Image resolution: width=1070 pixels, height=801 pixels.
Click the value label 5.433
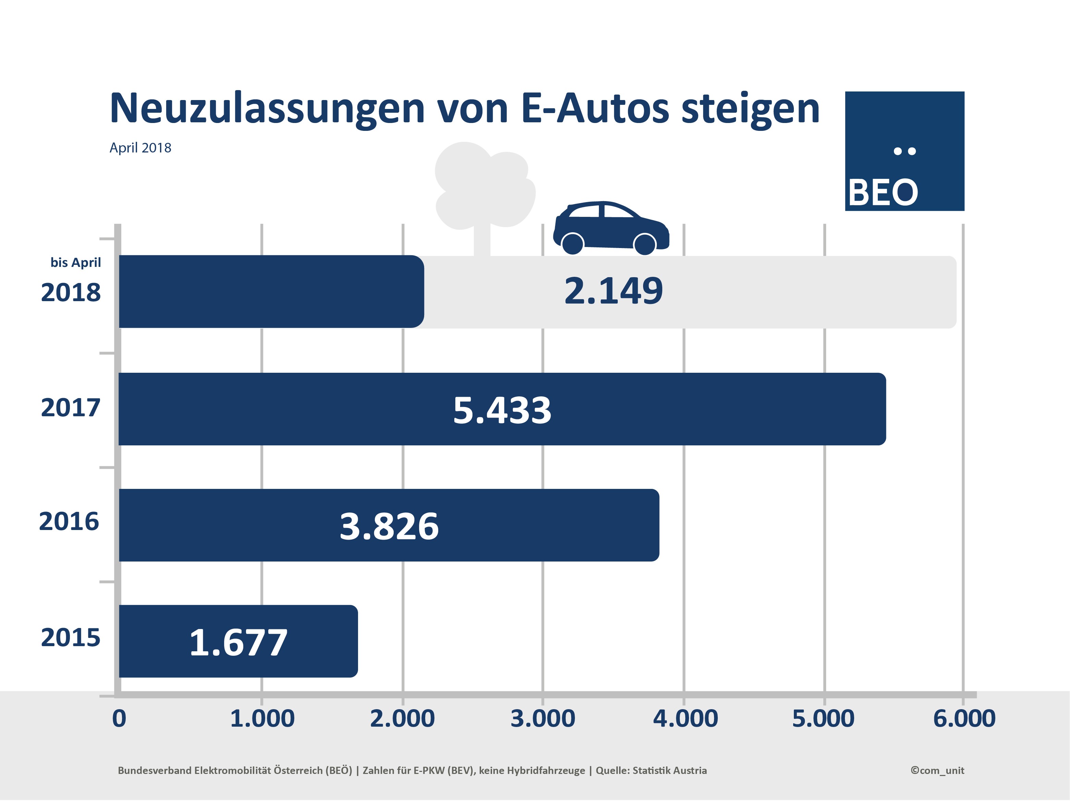tap(502, 410)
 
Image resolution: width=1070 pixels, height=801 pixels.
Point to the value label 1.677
tap(238, 642)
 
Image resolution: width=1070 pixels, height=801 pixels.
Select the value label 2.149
tap(613, 291)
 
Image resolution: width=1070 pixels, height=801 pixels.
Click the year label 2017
tap(71, 407)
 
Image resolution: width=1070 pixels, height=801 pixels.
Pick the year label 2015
tap(71, 638)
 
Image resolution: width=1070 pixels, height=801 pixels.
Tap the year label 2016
tap(69, 521)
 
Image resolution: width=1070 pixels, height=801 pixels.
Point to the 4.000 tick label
tap(685, 718)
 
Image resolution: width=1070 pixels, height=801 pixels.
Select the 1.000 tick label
tap(262, 718)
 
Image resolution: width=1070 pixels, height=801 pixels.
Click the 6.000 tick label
tap(964, 718)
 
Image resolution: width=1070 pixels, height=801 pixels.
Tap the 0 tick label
tap(119, 718)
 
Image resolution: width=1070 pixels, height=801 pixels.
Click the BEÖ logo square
tap(905, 151)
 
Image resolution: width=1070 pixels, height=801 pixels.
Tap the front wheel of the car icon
tap(644, 244)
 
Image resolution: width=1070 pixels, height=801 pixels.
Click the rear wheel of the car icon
tap(573, 243)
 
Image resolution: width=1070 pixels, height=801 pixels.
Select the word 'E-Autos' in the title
tap(595, 108)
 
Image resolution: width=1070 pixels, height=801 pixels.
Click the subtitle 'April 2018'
tap(140, 148)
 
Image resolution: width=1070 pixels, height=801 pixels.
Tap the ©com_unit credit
tap(937, 771)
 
